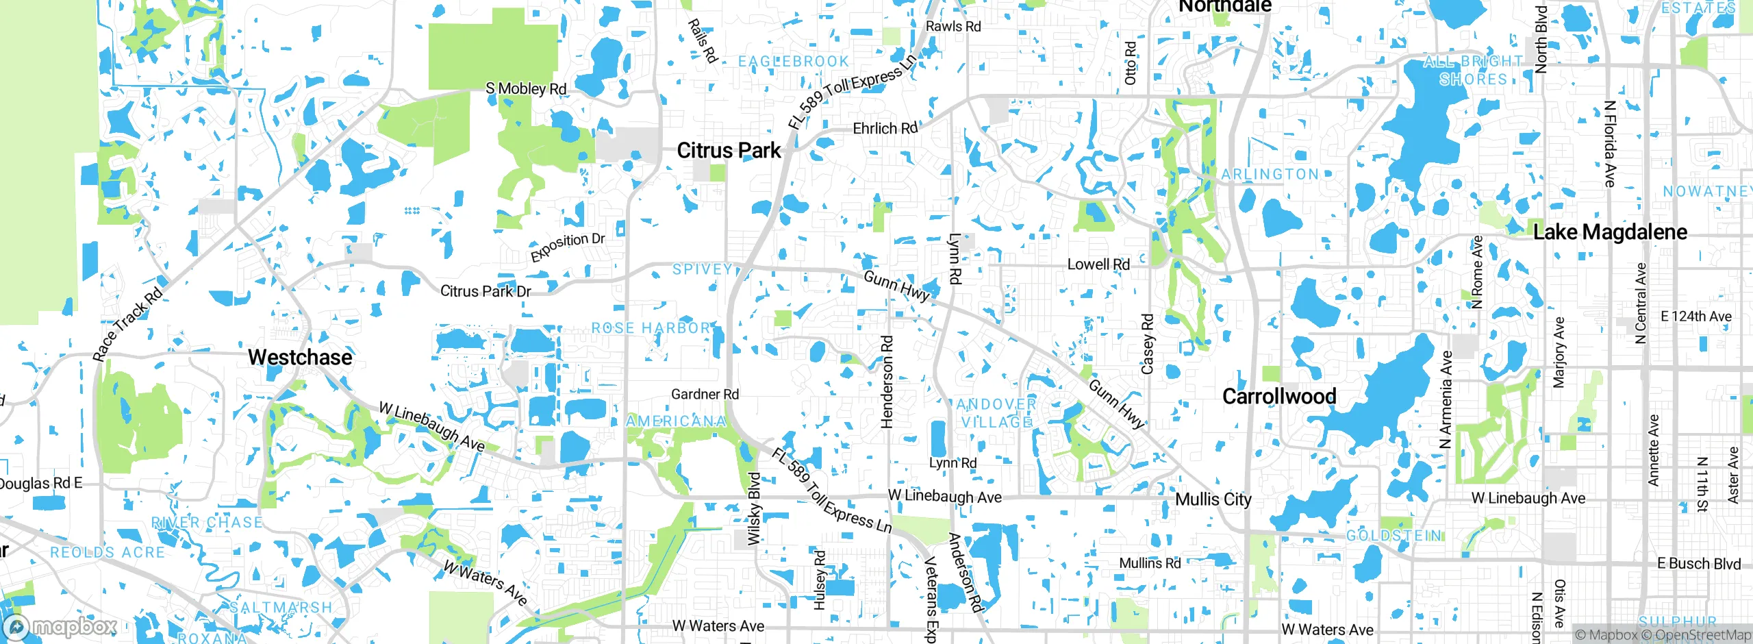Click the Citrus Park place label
tap(729, 151)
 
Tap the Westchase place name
tap(300, 357)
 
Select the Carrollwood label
tap(1279, 396)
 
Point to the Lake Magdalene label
tap(1610, 232)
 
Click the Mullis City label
tap(1213, 499)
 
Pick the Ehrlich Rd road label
tap(885, 128)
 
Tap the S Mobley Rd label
tap(526, 88)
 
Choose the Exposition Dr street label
tap(568, 247)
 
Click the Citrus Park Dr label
tap(485, 291)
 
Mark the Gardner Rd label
tap(705, 394)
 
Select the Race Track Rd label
tap(127, 324)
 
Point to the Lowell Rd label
tap(1098, 264)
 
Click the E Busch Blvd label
tap(1698, 564)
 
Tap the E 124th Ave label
tap(1696, 317)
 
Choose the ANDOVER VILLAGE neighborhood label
tap(996, 413)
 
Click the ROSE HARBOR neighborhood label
tap(651, 328)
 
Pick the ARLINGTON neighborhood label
tap(1270, 174)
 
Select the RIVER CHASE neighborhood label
tap(207, 523)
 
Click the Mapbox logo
tap(60, 627)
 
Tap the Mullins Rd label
tap(1150, 563)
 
